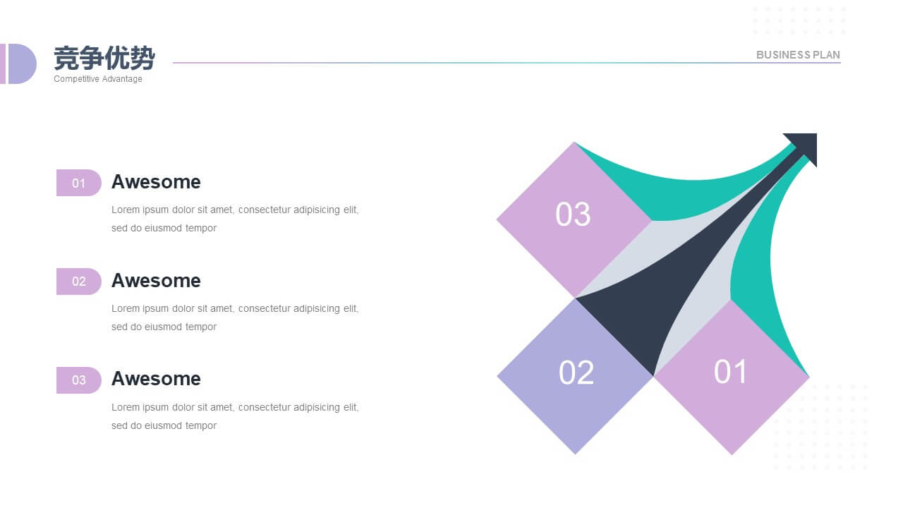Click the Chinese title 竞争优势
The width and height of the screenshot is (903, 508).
coord(104,58)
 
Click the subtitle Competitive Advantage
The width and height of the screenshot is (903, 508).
coord(98,79)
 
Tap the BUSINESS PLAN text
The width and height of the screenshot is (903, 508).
coord(798,55)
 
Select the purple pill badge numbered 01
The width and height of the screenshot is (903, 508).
coord(78,183)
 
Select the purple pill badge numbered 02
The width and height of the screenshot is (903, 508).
coord(78,282)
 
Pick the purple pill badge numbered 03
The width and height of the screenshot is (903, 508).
coord(78,380)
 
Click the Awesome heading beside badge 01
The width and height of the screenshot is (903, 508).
coord(156,182)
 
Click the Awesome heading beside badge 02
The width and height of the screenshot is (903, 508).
coord(156,281)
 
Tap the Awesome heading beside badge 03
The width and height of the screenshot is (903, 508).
coord(156,379)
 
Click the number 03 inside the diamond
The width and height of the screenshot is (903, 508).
coord(573,214)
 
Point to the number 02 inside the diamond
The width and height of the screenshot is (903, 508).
coord(576,372)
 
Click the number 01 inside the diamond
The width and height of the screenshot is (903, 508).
coord(730,371)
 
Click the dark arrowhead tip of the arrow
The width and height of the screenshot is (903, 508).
coord(816,134)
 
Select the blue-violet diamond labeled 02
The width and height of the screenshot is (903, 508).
coord(575,376)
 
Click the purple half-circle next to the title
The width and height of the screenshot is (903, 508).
coord(21,64)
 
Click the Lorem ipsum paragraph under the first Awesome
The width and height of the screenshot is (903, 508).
coord(235,219)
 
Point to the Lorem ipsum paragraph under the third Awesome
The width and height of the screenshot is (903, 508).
coord(235,416)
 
